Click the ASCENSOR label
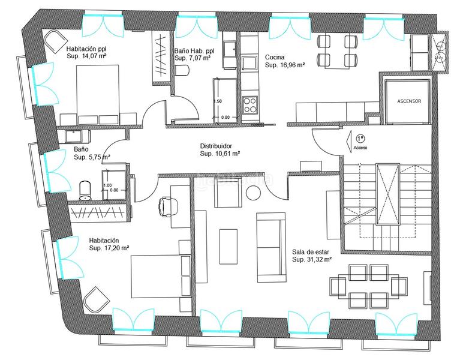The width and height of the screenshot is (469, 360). pyautogui.click(x=409, y=101)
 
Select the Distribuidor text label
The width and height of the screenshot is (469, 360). pyautogui.click(x=220, y=146)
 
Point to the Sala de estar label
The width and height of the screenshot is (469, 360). pyautogui.click(x=311, y=252)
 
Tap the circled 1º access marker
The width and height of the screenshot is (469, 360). pyautogui.click(x=360, y=138)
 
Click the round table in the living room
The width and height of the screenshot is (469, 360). pyautogui.click(x=253, y=193)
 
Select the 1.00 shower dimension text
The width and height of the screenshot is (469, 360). pyautogui.click(x=107, y=185)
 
